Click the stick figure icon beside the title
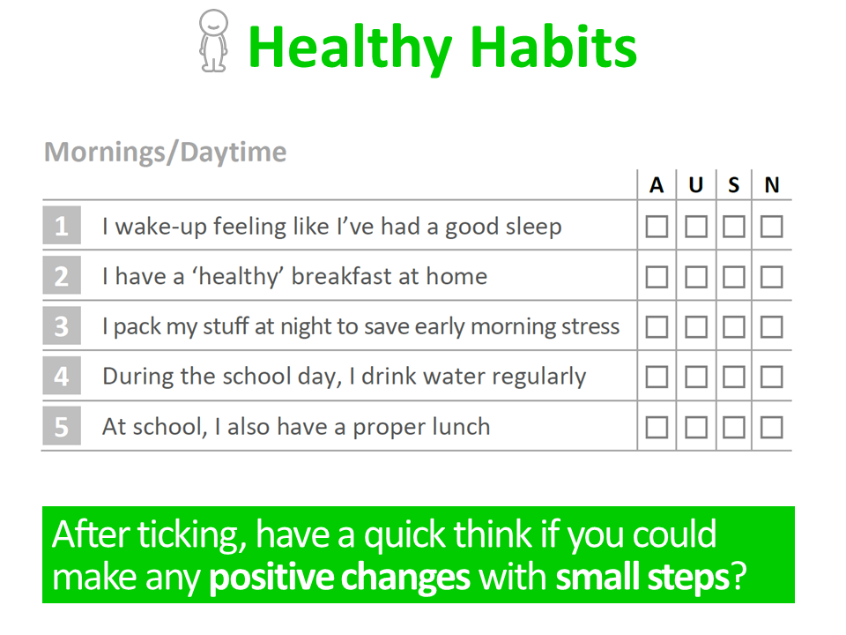(213, 41)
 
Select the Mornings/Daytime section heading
(165, 152)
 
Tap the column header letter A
(656, 185)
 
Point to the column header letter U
(696, 185)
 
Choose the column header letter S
(734, 185)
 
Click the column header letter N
(772, 185)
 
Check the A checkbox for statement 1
(657, 227)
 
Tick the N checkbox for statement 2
(772, 277)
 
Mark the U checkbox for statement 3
(696, 327)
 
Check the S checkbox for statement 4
(734, 377)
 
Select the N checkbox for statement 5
(772, 428)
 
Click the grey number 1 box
(62, 225)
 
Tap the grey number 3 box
(62, 325)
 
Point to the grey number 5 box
(62, 426)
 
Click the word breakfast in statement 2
(352, 276)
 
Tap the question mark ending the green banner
(738, 576)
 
